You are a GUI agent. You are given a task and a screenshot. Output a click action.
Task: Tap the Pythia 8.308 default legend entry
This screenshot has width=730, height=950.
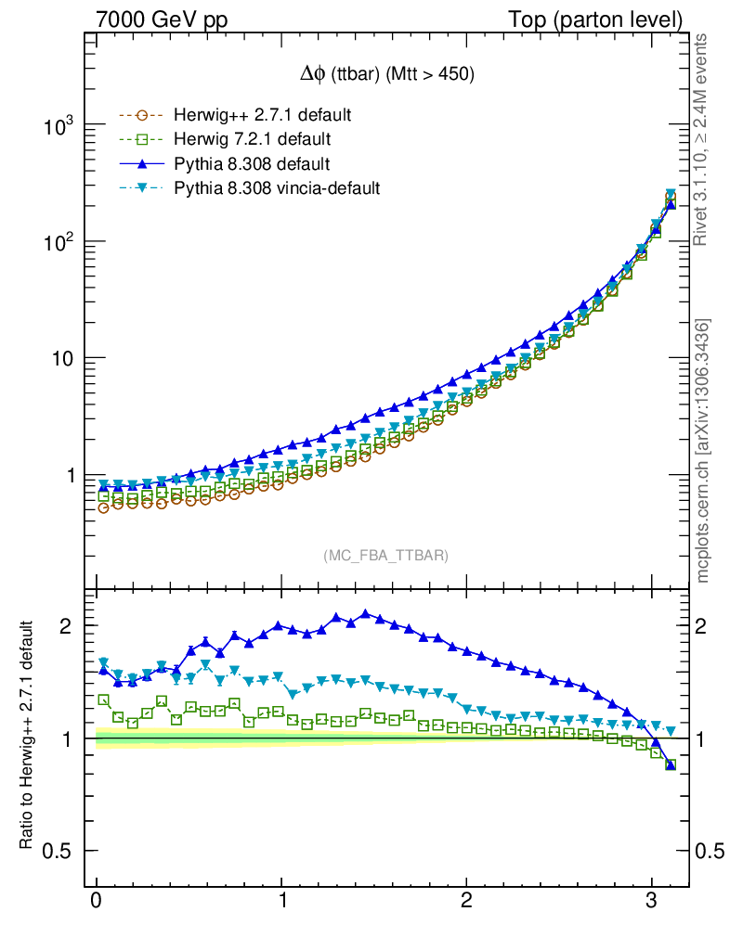click(x=252, y=164)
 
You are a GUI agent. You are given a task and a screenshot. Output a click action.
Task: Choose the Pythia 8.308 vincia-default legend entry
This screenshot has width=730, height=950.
click(x=277, y=188)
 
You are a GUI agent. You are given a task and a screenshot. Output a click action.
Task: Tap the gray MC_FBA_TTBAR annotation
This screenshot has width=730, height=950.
click(x=386, y=555)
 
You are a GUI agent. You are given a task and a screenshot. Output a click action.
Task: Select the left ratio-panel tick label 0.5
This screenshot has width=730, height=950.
click(x=58, y=851)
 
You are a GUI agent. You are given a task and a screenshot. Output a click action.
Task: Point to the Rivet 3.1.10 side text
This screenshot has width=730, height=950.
click(x=702, y=139)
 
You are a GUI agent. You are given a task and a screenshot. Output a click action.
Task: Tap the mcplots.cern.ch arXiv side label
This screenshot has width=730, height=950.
click(x=702, y=450)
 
